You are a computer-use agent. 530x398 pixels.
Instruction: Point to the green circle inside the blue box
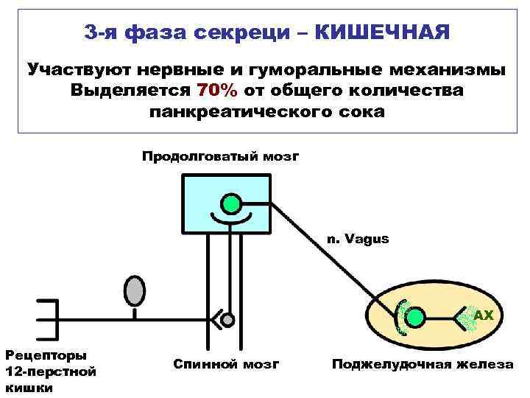[x=232, y=203]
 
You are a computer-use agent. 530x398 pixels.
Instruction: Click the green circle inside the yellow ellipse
[x=416, y=318]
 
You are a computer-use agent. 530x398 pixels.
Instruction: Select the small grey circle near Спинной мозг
[x=228, y=320]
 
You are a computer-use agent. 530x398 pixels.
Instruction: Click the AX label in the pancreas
[x=483, y=315]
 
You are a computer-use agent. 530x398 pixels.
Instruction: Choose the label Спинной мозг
[x=226, y=364]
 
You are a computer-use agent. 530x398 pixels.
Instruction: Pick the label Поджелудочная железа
[x=422, y=364]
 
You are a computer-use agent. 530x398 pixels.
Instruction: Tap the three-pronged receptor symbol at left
[x=46, y=318]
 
